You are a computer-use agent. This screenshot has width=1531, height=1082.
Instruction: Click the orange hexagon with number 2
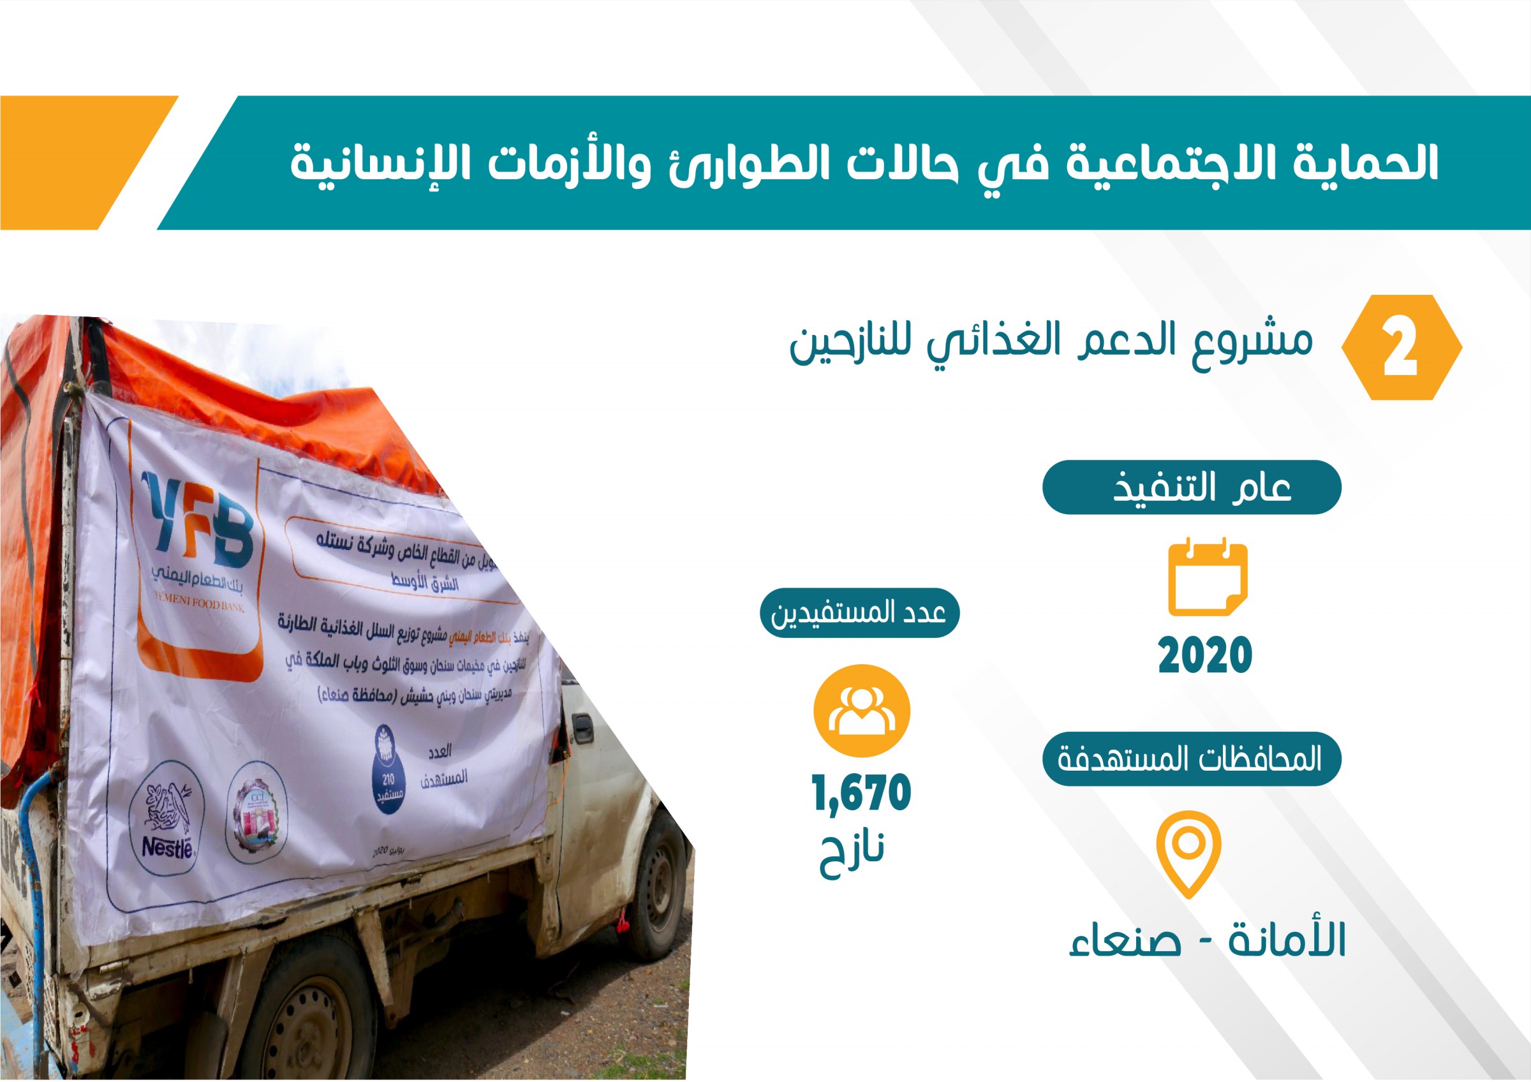pyautogui.click(x=1401, y=347)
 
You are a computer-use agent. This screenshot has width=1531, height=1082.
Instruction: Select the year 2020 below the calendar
pyautogui.click(x=1205, y=655)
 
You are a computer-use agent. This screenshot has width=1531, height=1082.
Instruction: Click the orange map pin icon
pyautogui.click(x=1189, y=853)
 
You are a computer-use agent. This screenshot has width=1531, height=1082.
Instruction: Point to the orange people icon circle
pyautogui.click(x=862, y=711)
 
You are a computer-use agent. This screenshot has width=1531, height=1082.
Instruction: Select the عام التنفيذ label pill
pyautogui.click(x=1192, y=487)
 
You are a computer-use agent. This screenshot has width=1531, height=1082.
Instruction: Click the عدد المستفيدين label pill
pyautogui.click(x=859, y=612)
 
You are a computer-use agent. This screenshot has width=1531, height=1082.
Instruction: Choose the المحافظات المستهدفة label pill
pyautogui.click(x=1190, y=759)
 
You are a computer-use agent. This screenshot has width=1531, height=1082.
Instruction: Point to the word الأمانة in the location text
pyautogui.click(x=1287, y=939)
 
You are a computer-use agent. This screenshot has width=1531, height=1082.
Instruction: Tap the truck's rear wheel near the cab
pyautogui.click(x=658, y=884)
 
